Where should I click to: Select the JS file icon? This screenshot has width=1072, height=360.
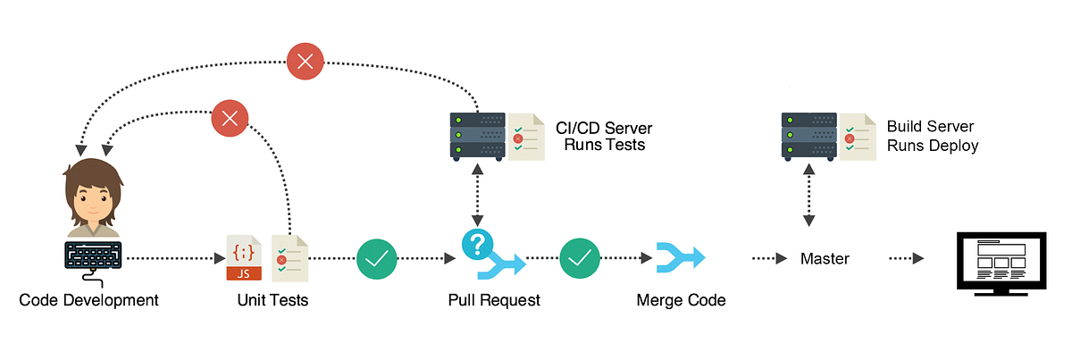pos(244,258)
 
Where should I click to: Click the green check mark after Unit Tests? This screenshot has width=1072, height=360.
pos(377,259)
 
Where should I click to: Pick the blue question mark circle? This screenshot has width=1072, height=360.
pos(478,244)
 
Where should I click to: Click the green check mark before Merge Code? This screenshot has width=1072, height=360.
pos(581,259)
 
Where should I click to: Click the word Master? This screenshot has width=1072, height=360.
pos(825,259)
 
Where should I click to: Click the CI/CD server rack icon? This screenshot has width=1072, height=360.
pos(478,136)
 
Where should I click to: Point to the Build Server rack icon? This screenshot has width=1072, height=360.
pos(809,136)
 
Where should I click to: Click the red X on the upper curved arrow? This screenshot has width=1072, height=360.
pos(306,62)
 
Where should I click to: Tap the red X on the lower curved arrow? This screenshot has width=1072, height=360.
pos(230,117)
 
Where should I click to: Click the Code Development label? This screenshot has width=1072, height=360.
pos(89,300)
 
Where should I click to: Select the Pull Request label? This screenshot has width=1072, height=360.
pos(494,300)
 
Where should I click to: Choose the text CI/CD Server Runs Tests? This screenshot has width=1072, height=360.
pos(604,136)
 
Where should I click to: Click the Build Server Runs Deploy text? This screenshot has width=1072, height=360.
pos(932,136)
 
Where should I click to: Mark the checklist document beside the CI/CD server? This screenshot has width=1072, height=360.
pos(526,137)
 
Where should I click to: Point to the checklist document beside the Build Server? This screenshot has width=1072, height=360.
pos(858,137)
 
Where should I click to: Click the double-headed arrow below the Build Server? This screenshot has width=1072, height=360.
pos(809,195)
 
